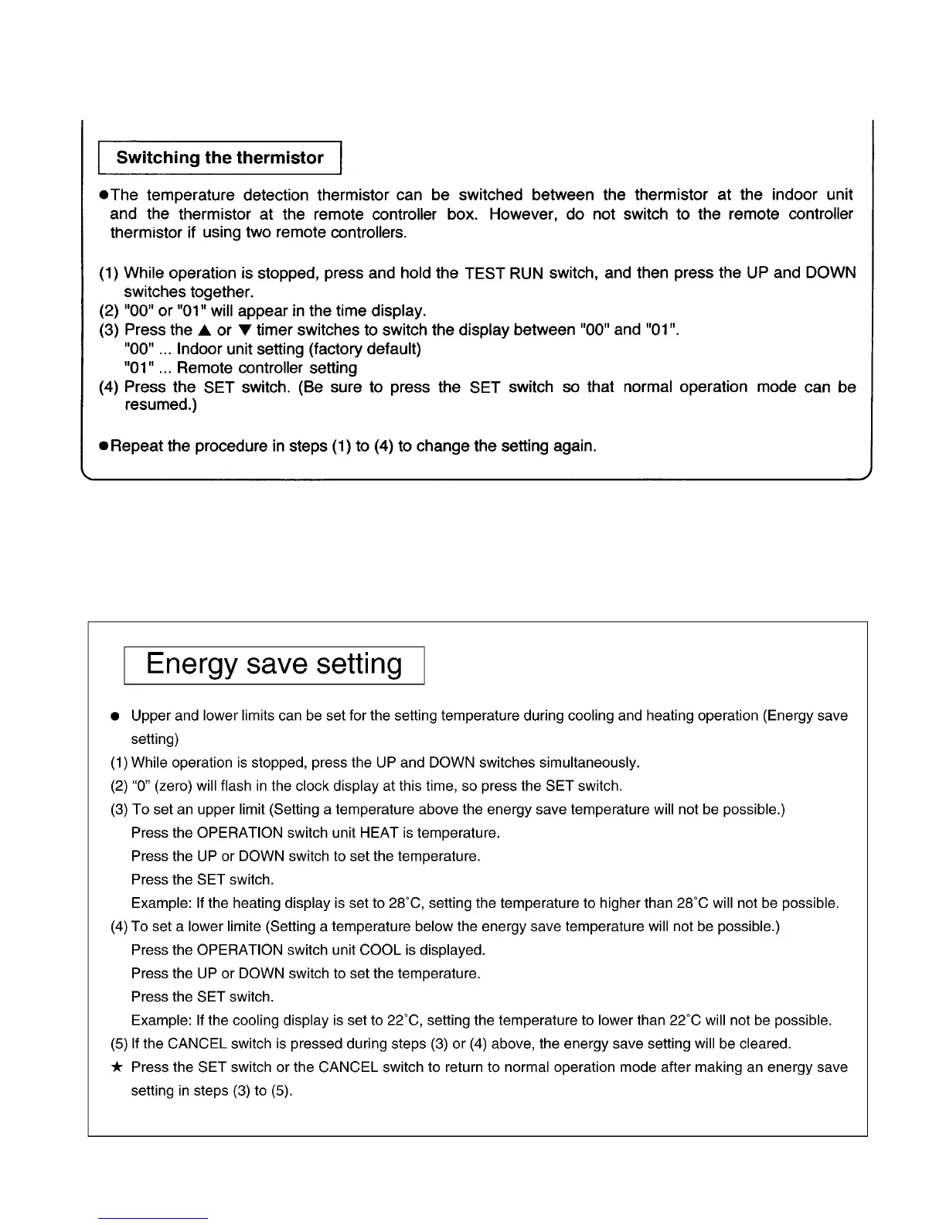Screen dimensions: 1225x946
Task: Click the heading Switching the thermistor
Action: [x=219, y=158]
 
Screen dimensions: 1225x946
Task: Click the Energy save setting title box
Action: [x=274, y=665]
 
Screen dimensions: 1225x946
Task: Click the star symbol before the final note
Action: [x=115, y=1067]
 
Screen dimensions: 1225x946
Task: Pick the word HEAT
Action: [x=379, y=833]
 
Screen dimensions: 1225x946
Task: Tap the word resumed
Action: [x=160, y=405]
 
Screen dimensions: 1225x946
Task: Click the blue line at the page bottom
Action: [x=153, y=1218]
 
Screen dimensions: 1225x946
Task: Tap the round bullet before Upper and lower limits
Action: [x=114, y=716]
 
